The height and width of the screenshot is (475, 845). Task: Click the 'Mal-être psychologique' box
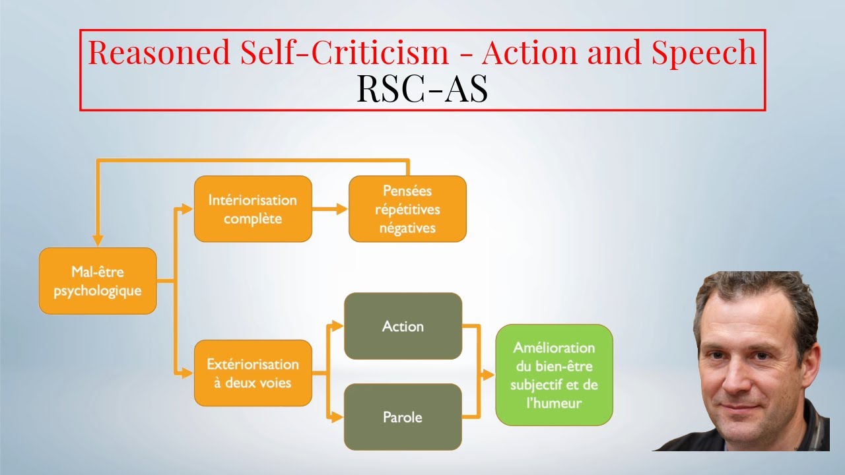(98, 281)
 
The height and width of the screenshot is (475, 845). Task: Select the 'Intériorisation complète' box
(253, 208)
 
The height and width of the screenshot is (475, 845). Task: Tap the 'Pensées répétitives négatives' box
(407, 208)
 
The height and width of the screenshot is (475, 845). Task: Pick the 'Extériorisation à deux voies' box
(253, 373)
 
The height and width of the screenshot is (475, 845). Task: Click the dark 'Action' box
(403, 326)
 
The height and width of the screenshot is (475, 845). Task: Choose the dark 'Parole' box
(403, 417)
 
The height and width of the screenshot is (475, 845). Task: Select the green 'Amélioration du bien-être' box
(554, 374)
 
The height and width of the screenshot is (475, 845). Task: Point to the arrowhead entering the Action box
(338, 326)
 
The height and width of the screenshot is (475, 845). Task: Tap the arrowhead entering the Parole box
(338, 417)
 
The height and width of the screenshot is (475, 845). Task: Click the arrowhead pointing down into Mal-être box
(98, 241)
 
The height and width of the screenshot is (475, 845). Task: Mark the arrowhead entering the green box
(489, 375)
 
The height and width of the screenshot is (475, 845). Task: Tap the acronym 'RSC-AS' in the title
(422, 89)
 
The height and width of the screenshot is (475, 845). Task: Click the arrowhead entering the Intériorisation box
(187, 209)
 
